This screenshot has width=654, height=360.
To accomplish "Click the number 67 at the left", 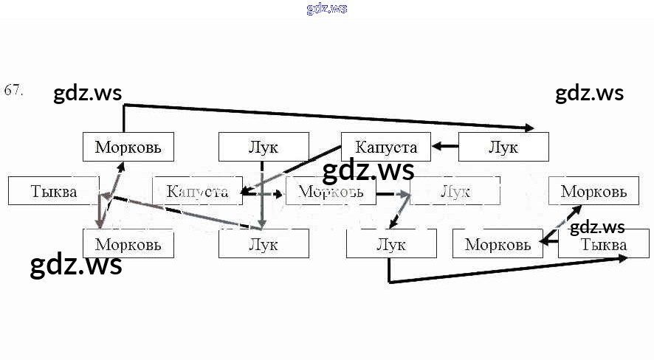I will [14, 91].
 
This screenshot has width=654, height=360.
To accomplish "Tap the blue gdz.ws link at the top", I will [326, 9].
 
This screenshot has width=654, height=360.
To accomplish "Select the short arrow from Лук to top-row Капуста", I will [445, 146].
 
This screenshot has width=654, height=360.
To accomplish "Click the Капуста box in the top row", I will [385, 147].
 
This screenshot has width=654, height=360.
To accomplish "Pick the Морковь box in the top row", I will [128, 147].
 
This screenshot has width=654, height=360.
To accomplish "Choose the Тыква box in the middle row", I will [53, 191].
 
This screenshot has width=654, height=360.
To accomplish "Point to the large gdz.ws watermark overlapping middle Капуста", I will [368, 170].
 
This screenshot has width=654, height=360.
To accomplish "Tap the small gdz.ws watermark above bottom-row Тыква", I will [597, 227].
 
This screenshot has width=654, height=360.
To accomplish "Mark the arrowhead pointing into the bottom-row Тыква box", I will [623, 258].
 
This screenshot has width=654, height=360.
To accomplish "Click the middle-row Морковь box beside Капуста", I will [330, 191].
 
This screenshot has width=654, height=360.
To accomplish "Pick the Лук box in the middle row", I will [455, 191].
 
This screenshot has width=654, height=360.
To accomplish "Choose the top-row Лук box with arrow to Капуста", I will [503, 147].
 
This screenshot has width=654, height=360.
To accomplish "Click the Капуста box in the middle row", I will [197, 191].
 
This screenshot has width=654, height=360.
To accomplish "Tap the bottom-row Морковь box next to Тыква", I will [498, 244].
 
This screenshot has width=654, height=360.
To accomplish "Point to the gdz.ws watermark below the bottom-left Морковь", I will [75, 266].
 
